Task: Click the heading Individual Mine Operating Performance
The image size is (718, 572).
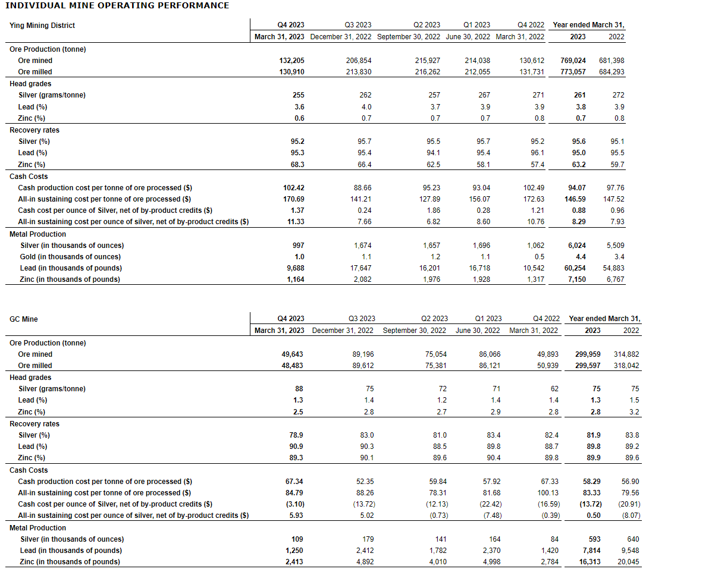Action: (117, 5)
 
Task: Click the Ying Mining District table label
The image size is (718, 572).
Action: (42, 26)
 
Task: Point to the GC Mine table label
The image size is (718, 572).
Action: (24, 319)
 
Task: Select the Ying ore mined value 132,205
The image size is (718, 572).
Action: (291, 61)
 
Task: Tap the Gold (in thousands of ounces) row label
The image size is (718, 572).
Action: (70, 257)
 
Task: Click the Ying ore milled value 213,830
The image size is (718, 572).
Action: (358, 72)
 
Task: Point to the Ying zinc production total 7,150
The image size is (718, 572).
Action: (573, 279)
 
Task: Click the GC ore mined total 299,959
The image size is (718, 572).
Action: (588, 354)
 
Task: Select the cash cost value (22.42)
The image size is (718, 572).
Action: (489, 504)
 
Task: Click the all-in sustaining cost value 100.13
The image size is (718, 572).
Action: (547, 493)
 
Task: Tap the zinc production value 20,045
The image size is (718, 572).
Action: (628, 562)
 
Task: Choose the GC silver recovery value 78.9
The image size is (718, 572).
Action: (296, 435)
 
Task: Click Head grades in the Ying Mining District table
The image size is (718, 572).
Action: (30, 84)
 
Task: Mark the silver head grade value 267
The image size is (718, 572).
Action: (484, 95)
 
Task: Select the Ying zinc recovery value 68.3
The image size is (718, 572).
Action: (296, 165)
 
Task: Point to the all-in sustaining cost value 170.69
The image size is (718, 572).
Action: (294, 199)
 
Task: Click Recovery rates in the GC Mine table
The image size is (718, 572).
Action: (35, 424)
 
